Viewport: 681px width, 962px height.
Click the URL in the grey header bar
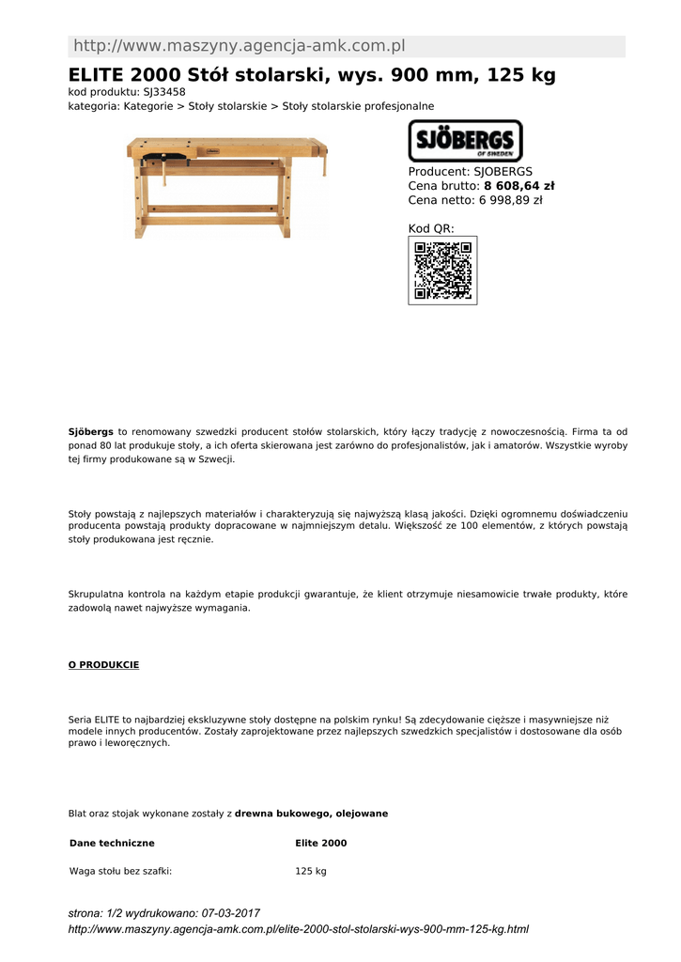click(x=239, y=46)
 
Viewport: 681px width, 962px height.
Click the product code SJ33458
click(x=163, y=92)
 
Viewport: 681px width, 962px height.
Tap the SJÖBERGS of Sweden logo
click(x=465, y=141)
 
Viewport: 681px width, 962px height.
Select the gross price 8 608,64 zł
click(x=519, y=186)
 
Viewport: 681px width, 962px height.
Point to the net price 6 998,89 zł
click(x=511, y=200)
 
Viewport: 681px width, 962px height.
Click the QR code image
click(x=442, y=271)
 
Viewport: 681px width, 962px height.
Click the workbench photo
click(x=228, y=185)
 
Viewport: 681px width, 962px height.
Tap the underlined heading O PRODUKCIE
click(x=103, y=665)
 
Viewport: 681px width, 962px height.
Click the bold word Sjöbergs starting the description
click(x=90, y=431)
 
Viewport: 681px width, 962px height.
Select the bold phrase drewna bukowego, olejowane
click(x=311, y=814)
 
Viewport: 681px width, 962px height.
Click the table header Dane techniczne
click(x=112, y=844)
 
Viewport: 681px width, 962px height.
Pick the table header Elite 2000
click(x=320, y=844)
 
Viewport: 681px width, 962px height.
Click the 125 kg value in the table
click(x=311, y=872)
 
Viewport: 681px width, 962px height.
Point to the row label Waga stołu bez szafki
click(x=120, y=872)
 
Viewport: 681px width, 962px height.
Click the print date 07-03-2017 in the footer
click(x=231, y=913)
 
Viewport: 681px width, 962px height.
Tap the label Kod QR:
click(x=431, y=228)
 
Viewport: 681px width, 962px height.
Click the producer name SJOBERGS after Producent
click(x=503, y=172)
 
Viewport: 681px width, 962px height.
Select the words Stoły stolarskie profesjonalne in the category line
click(x=358, y=106)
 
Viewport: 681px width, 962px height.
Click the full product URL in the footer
click(x=299, y=929)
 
